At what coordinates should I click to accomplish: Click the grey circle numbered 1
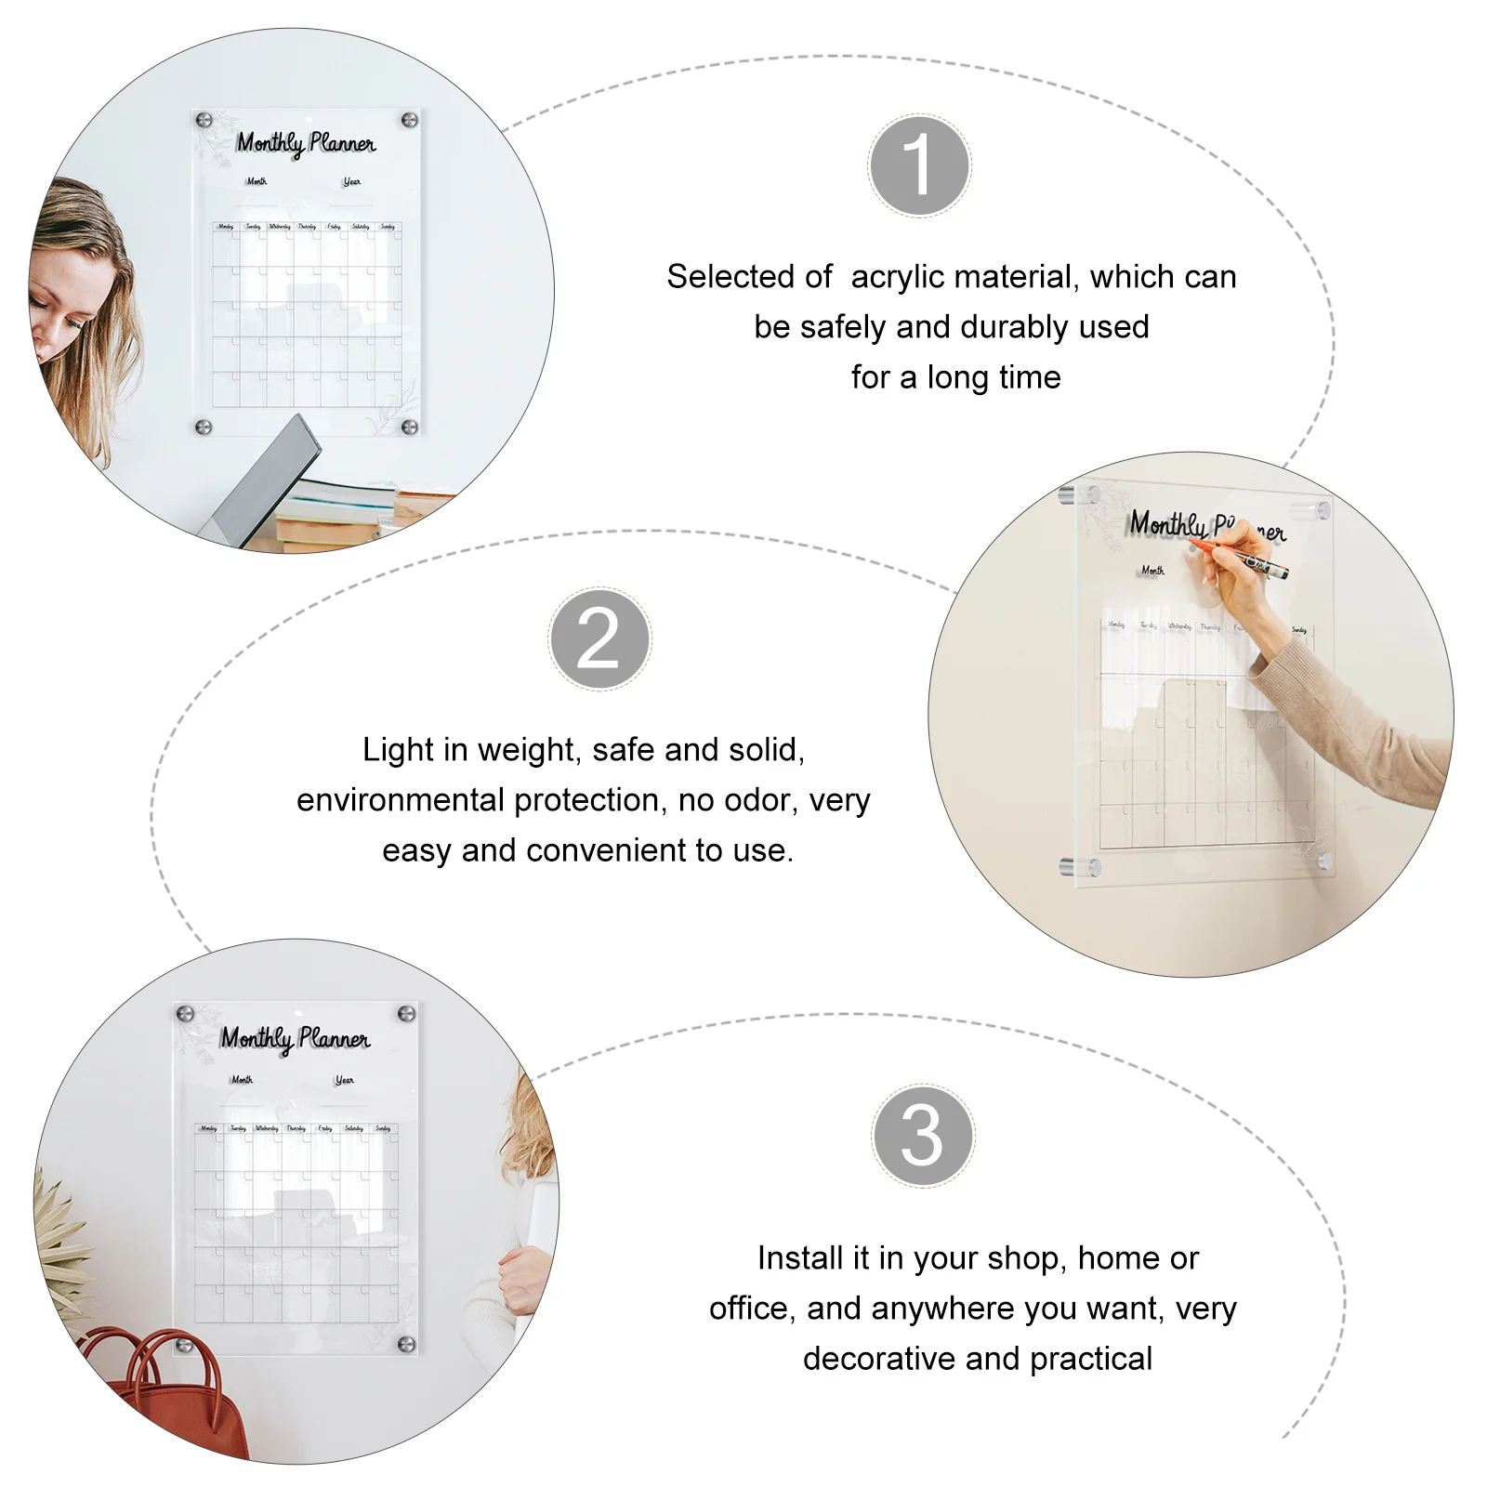pos(919,166)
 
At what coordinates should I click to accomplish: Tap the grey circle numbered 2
pos(599,638)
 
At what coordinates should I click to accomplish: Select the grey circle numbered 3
pos(923,1135)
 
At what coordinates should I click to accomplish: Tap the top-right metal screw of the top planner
pos(408,120)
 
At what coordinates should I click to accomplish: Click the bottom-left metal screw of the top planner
pos(204,427)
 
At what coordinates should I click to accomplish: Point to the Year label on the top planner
pos(351,182)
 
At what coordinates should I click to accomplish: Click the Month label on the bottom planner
pos(242,1080)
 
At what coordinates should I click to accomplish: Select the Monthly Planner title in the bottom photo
pos(295,1039)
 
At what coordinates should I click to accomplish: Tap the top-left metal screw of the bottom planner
pos(185,1013)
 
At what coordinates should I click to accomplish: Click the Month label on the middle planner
pos(1152,571)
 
